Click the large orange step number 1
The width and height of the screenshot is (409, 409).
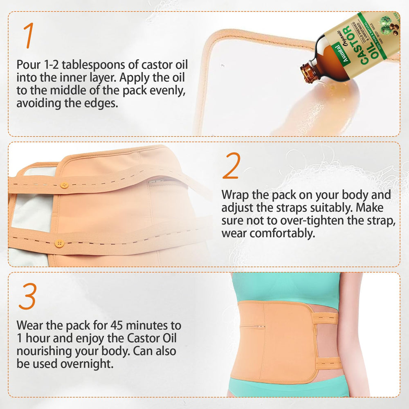pyautogui.click(x=28, y=36)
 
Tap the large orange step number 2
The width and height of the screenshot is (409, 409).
pyautogui.click(x=231, y=166)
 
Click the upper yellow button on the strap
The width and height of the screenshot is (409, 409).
pyautogui.click(x=64, y=185)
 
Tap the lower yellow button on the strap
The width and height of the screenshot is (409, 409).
pyautogui.click(x=59, y=243)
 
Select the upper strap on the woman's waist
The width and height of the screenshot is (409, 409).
pyautogui.click(x=327, y=318)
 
